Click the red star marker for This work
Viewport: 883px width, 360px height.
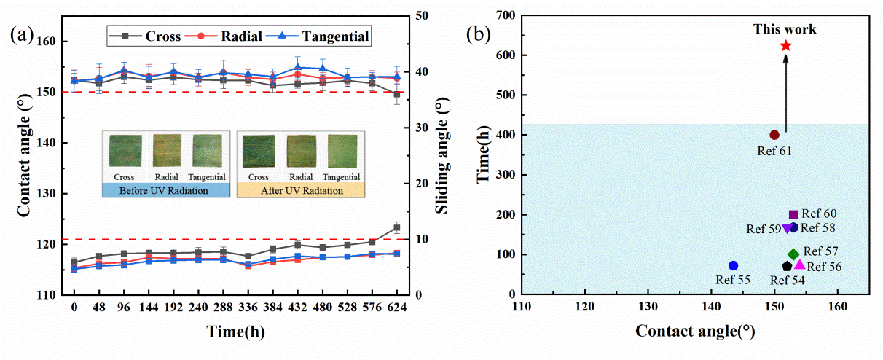[x=785, y=46]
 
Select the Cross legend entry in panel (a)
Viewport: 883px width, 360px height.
[x=144, y=36]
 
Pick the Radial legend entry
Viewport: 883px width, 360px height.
[x=231, y=36]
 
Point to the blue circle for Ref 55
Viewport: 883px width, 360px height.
[x=733, y=266]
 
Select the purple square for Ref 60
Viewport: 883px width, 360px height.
[x=793, y=214]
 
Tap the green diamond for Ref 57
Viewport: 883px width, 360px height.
[x=793, y=254]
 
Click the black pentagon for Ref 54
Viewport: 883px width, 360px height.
[x=787, y=267]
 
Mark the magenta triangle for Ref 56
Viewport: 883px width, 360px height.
[x=799, y=265]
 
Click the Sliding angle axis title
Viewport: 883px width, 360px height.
[x=440, y=157]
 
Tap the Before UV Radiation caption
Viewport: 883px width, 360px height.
[x=165, y=190]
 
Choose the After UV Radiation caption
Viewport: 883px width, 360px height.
[x=300, y=190]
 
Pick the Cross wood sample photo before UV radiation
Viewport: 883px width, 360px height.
[x=122, y=151]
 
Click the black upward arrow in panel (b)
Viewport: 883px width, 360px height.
[x=785, y=95]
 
